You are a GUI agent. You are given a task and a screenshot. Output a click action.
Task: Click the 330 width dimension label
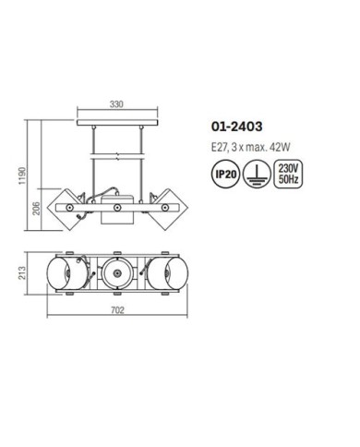pos(116,104)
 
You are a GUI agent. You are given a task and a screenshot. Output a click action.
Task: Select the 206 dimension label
pos(36,209)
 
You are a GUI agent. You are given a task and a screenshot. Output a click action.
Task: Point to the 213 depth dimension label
pos(22,273)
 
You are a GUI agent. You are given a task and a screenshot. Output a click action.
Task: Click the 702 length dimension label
pos(117,309)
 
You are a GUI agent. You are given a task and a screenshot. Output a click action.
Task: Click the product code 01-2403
pos(236,127)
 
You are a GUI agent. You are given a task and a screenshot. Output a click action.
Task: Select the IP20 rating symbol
pos(226,174)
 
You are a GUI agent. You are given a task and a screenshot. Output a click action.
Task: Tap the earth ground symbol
pos(257,174)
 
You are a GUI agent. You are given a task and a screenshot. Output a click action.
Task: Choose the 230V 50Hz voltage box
pos(288,174)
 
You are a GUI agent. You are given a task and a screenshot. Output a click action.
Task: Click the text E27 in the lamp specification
pos(219,147)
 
